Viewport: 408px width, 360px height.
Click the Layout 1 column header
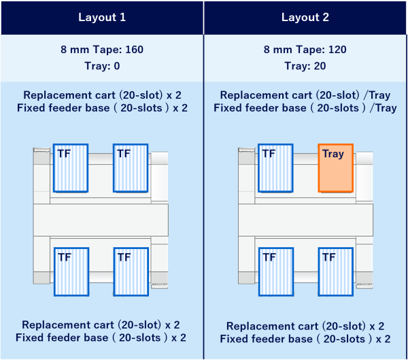tap(102, 18)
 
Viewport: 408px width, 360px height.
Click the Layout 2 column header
tap(305, 18)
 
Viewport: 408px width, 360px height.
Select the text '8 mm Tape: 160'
tap(102, 50)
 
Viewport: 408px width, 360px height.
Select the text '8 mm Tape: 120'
tap(305, 50)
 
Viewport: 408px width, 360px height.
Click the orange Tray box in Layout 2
tap(336, 168)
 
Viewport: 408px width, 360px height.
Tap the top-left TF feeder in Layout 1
tap(71, 168)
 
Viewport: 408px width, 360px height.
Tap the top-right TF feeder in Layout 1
tap(131, 168)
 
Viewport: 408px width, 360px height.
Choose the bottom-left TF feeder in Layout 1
tap(71, 272)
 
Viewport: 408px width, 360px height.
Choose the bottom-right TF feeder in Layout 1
tap(131, 272)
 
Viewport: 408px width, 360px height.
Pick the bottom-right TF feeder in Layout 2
tap(336, 272)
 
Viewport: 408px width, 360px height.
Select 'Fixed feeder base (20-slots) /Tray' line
tap(305, 108)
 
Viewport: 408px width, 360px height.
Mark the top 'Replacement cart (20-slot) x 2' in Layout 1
tap(102, 95)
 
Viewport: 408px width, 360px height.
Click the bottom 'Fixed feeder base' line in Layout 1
tap(102, 338)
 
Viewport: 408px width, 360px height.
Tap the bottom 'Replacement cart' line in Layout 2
tap(305, 326)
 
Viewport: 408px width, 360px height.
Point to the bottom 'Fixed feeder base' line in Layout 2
tap(305, 339)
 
